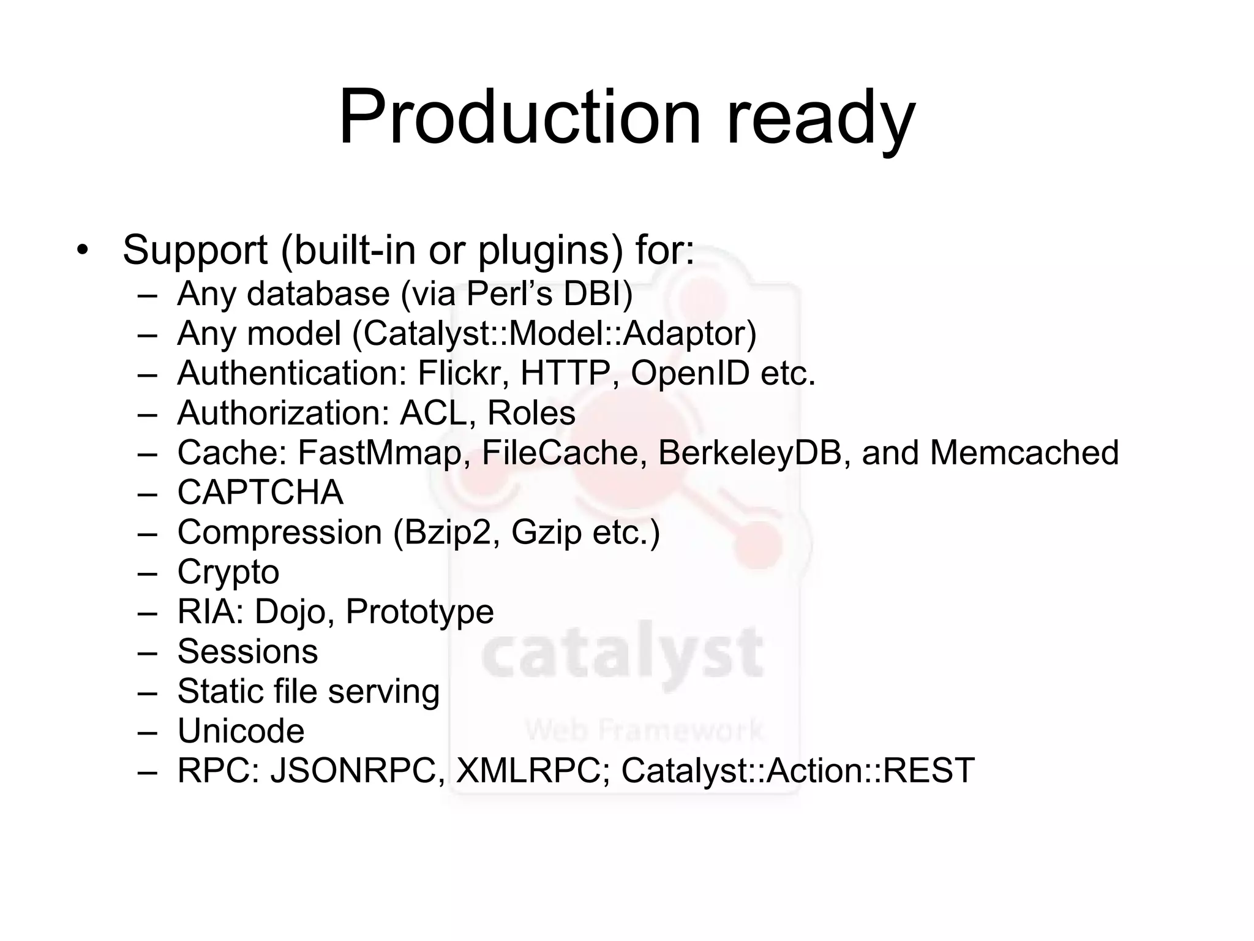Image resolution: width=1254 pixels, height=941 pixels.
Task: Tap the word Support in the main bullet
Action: tap(195, 251)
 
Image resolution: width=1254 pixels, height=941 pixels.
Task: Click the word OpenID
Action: tap(690, 373)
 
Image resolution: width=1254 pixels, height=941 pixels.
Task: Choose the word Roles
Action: tap(531, 413)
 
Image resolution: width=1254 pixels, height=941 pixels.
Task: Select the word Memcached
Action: tap(1024, 453)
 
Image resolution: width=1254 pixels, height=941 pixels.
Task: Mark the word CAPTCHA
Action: tap(260, 493)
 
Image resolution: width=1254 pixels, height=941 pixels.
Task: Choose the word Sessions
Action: tap(247, 651)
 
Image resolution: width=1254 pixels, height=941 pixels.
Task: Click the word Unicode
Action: tap(241, 731)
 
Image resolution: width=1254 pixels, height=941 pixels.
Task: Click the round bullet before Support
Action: tap(83, 251)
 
